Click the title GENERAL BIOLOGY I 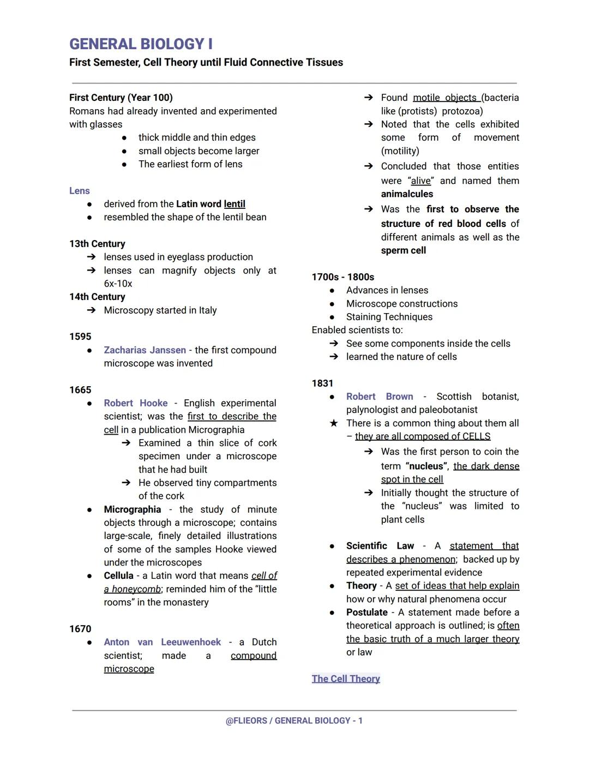point(141,44)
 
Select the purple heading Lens point(80,190)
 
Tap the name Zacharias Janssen point(145,350)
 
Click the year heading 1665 point(80,390)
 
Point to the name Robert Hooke point(136,403)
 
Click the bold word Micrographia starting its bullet point(133,509)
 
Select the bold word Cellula point(118,575)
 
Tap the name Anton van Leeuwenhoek point(163,642)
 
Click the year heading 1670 point(80,629)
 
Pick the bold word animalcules point(407,194)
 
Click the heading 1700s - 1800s point(342,277)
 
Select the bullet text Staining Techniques point(389,317)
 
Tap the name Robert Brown point(380,397)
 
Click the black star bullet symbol point(334,423)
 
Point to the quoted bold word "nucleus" point(427,466)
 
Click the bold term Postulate point(366,613)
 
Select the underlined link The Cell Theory point(346,679)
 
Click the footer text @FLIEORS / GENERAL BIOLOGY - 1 point(294,721)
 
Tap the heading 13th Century point(97,244)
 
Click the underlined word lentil point(235,204)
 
